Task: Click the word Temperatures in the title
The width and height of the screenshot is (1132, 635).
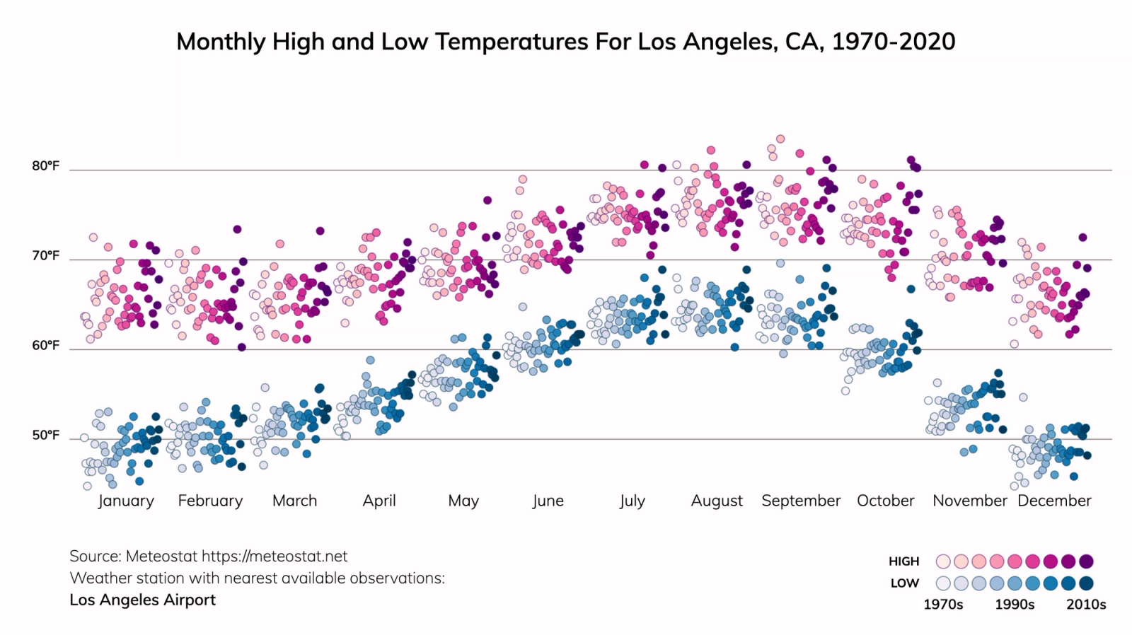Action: click(x=512, y=42)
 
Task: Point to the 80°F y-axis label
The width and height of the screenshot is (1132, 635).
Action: click(x=46, y=166)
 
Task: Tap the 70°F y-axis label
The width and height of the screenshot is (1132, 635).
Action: click(x=46, y=256)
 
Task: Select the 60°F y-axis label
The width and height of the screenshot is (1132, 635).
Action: click(x=46, y=346)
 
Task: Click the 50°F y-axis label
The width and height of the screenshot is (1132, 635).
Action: click(x=46, y=436)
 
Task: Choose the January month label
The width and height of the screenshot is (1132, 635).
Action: click(x=126, y=501)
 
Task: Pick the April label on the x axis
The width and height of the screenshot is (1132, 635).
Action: click(x=379, y=501)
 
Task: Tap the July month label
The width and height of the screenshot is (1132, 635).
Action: click(x=632, y=501)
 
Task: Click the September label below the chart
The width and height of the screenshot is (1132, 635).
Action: click(x=801, y=501)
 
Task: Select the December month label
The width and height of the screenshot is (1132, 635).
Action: click(x=1054, y=501)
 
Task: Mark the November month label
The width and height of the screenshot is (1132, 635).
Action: click(x=969, y=501)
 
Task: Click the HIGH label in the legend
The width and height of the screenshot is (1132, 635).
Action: click(x=903, y=561)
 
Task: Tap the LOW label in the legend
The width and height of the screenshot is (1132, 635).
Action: click(x=905, y=583)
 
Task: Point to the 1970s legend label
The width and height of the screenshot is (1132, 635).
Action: click(x=943, y=605)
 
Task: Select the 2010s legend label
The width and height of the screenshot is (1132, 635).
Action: click(x=1086, y=605)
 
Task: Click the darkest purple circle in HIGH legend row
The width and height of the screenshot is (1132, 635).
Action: click(x=1087, y=561)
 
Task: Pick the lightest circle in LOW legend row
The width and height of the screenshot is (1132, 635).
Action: click(x=943, y=583)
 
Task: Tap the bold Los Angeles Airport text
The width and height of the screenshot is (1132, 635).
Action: click(x=143, y=600)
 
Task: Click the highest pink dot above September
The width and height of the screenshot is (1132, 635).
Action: click(x=780, y=139)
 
